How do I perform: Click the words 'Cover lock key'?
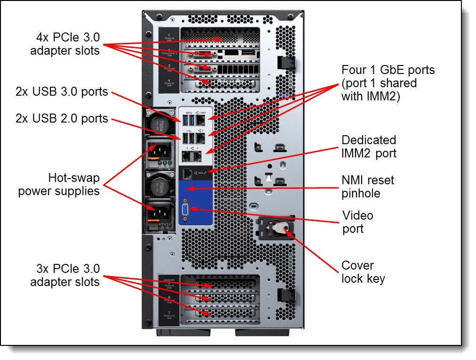pyautogui.click(x=363, y=272)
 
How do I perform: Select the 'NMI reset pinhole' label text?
pyautogui.click(x=368, y=186)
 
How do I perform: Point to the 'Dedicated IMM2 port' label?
pyautogui.click(x=369, y=147)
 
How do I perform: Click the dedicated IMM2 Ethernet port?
pyautogui.click(x=187, y=173)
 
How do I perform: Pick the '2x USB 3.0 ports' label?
pyautogui.click(x=62, y=91)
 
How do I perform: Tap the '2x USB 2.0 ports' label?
pyautogui.click(x=62, y=118)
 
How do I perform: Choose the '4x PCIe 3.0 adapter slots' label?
pyautogui.click(x=65, y=44)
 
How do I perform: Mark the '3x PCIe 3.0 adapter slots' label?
pyautogui.click(x=65, y=276)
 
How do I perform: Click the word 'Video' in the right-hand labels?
pyautogui.click(x=357, y=216)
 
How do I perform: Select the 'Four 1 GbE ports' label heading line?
pyautogui.click(x=388, y=70)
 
